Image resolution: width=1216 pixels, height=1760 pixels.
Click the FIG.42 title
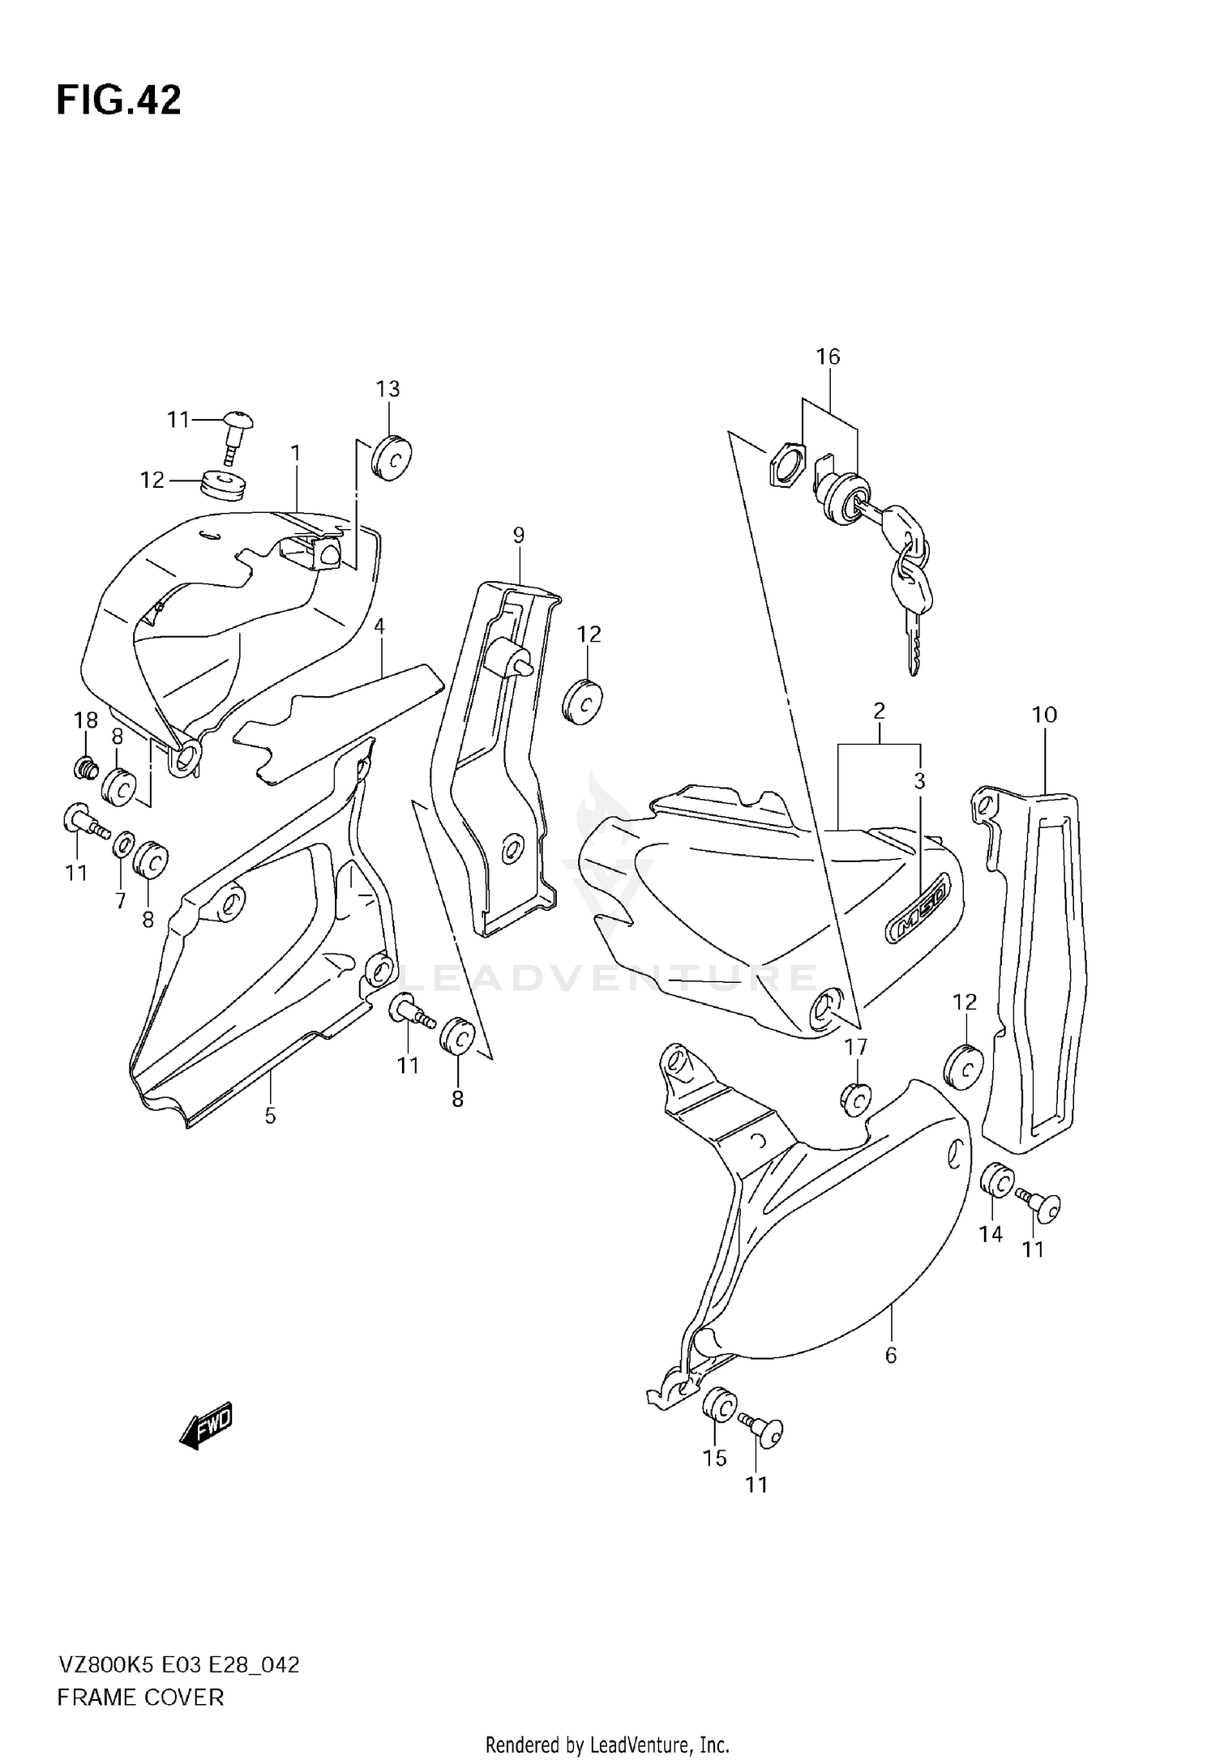point(119,101)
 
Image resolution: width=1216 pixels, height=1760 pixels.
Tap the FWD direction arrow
point(207,1425)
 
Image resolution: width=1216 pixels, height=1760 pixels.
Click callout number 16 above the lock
point(828,357)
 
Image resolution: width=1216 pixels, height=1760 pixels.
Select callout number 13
point(387,389)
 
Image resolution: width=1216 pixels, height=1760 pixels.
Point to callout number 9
point(519,535)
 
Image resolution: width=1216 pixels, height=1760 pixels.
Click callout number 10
point(1044,715)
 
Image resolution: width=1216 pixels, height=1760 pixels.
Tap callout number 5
point(270,1117)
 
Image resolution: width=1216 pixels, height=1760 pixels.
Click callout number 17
point(856,1048)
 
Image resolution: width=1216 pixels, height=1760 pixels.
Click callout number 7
point(120,901)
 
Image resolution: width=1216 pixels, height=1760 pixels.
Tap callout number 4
point(379,626)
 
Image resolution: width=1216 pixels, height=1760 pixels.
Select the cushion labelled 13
point(391,458)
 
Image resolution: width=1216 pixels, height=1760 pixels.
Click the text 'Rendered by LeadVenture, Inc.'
point(608,1739)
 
